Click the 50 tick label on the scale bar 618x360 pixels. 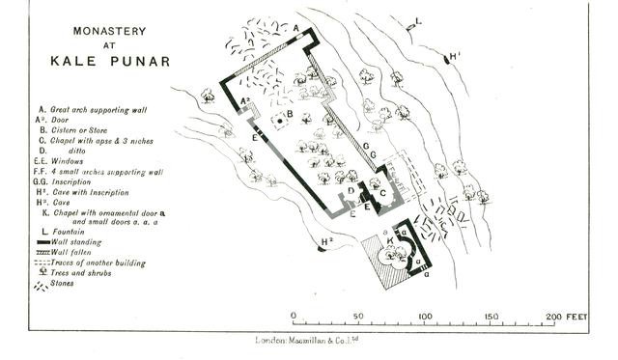point(357,316)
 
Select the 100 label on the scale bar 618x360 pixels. point(424,316)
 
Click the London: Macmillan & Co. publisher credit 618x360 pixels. point(306,340)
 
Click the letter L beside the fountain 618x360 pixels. point(418,19)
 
